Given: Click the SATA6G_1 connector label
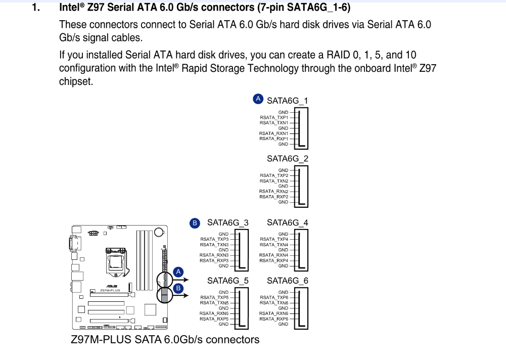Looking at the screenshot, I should (287, 100).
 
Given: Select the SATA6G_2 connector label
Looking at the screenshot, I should (287, 159).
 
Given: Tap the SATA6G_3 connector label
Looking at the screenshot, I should (227, 222).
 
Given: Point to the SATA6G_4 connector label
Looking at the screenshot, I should (287, 222).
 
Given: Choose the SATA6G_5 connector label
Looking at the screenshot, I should (227, 281).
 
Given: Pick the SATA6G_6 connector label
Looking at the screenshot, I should (287, 281).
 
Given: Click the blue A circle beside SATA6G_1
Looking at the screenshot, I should (258, 99).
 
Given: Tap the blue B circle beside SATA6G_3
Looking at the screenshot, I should (194, 222).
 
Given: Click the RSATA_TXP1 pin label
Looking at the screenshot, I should (274, 117).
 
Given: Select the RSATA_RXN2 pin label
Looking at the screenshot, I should (274, 191).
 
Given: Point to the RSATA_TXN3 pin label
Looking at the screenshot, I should (214, 244).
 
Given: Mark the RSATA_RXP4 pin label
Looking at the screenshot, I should (274, 260).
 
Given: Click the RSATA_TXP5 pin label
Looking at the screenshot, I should (214, 297).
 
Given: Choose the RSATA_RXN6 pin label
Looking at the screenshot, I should (274, 313).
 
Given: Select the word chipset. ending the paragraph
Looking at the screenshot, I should (76, 81).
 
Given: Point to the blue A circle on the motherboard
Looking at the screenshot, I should (177, 272).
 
